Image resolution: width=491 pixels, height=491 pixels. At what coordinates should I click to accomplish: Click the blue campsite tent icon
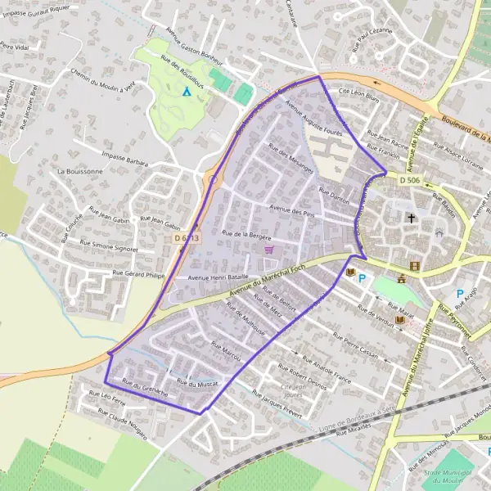(x=187, y=92)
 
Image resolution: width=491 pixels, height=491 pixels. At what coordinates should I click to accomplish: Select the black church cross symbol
(x=411, y=218)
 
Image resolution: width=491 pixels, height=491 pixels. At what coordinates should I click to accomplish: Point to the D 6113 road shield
(x=187, y=237)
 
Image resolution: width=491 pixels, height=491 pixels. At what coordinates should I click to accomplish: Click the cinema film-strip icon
(x=416, y=266)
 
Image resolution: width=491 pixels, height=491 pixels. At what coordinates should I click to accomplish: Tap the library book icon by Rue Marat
(x=399, y=319)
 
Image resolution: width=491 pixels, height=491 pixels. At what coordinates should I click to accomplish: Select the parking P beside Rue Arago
(x=459, y=293)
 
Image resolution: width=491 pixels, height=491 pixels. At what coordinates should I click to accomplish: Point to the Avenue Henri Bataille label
(x=218, y=278)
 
